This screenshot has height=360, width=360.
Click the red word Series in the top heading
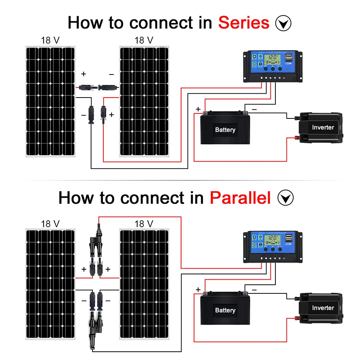point(244,23)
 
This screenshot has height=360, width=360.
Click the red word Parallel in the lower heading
point(240,198)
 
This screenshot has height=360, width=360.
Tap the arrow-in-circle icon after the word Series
point(283,23)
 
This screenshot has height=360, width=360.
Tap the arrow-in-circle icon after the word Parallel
point(286,198)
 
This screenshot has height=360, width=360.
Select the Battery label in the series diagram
point(225,130)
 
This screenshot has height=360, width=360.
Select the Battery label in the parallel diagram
point(225,310)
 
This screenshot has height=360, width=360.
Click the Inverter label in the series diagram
point(323,127)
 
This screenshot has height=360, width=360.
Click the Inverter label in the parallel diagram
point(323,308)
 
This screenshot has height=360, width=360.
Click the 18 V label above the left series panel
point(50,40)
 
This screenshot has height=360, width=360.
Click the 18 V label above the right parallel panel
point(144,224)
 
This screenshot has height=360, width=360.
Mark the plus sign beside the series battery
point(198,109)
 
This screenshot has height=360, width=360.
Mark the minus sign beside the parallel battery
point(254,289)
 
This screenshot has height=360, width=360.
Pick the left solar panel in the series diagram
point(50,102)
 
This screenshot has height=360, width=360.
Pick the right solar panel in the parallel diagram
point(144,284)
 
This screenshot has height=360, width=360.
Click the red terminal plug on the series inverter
point(297,138)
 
